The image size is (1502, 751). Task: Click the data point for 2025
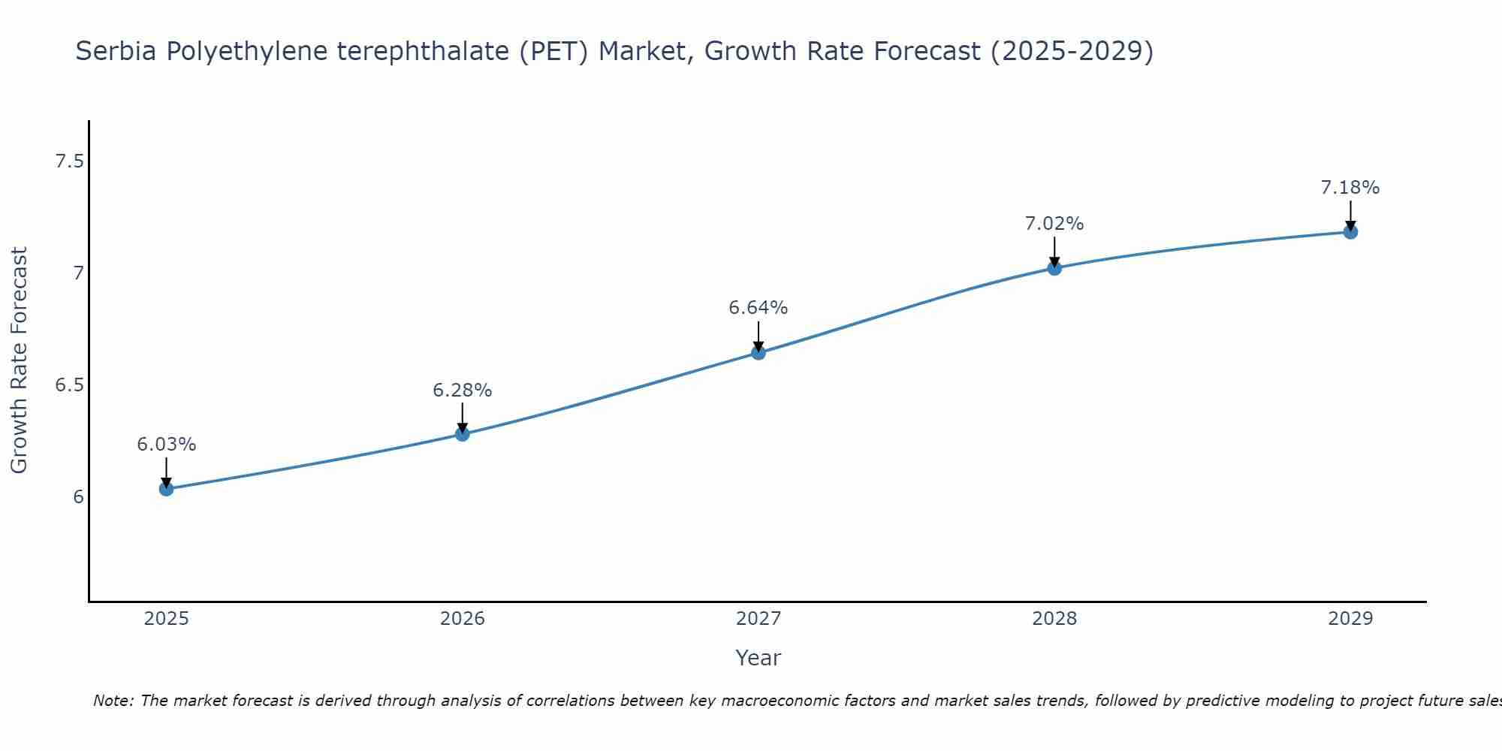(167, 489)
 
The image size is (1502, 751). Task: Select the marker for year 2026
(463, 434)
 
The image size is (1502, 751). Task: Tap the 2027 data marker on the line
(759, 352)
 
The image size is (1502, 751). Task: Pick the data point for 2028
(1054, 268)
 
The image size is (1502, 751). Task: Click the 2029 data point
(1350, 232)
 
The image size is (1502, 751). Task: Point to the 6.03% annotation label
(167, 445)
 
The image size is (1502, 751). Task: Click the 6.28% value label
(463, 391)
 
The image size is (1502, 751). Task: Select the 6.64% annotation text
(759, 308)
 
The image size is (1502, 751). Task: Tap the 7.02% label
(1054, 224)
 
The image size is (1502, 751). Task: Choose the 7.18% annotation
(1350, 188)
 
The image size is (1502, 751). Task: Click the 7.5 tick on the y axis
(69, 161)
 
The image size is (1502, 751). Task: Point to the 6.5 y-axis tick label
(69, 385)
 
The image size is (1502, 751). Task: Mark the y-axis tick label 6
(78, 497)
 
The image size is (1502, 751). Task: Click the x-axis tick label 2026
(463, 619)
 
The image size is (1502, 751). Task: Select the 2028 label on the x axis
(1054, 619)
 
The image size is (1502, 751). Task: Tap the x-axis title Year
(759, 658)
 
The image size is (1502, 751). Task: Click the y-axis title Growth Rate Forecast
(20, 360)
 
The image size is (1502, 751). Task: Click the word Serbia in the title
(116, 51)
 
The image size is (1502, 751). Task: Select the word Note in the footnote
(113, 701)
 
